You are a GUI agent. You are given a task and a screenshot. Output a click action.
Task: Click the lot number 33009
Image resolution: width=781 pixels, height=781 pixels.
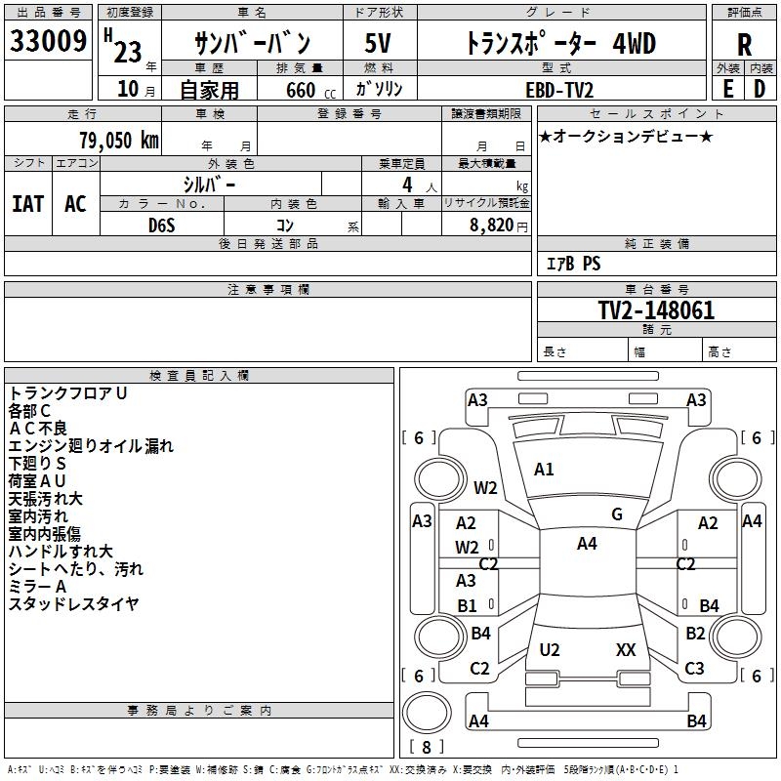point(48,42)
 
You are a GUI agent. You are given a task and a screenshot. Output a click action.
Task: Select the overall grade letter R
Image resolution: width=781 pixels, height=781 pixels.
point(745,44)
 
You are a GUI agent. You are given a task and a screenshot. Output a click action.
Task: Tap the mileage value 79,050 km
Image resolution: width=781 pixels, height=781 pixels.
point(119,141)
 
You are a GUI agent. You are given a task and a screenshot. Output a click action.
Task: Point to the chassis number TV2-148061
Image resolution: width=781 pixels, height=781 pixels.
point(656,311)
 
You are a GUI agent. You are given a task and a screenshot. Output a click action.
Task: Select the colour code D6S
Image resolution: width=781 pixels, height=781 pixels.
point(163,225)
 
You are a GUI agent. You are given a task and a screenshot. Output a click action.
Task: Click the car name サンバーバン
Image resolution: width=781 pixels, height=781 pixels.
point(252,44)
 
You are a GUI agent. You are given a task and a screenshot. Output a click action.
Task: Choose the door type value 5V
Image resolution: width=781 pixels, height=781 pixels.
point(378,44)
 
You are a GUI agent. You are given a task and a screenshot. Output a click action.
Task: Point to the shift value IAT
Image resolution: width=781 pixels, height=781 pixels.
point(27,204)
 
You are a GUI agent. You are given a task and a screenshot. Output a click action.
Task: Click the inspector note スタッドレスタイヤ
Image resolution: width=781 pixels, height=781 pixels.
point(74,604)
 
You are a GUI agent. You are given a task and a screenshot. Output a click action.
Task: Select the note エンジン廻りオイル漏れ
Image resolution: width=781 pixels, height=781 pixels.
point(91,446)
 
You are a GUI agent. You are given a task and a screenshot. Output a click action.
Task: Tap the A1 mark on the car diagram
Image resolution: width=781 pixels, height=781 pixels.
point(544,470)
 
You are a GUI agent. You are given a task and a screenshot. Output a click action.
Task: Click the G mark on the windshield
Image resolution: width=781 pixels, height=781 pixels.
point(616,514)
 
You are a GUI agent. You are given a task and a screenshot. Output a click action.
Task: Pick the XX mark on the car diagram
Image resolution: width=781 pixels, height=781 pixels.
point(626,650)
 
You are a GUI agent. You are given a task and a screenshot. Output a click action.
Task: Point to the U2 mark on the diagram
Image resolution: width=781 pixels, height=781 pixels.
point(550,650)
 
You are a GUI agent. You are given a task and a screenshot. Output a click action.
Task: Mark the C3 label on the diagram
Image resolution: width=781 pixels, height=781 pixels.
point(694,669)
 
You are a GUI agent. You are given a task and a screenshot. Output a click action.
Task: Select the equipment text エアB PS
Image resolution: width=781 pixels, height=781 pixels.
point(573,264)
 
